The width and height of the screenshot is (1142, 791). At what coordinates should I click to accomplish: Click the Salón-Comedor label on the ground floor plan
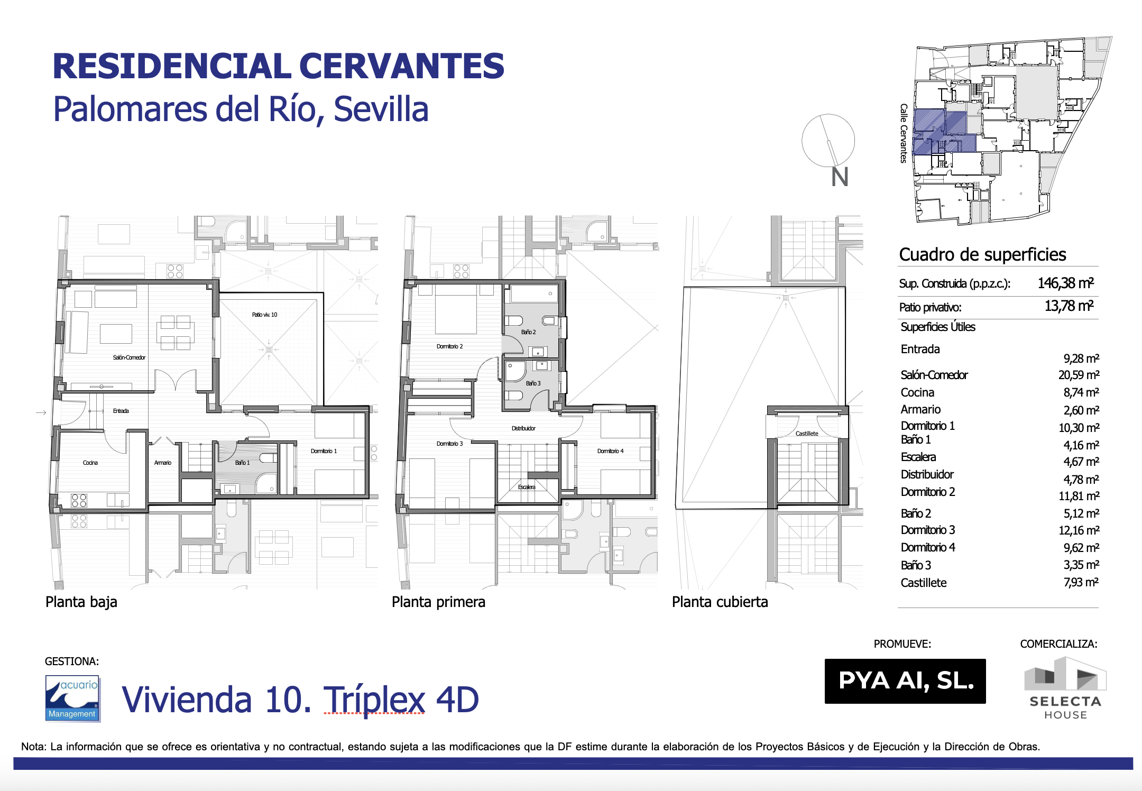pos(129,357)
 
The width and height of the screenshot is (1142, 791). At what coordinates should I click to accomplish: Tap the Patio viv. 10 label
pos(264,315)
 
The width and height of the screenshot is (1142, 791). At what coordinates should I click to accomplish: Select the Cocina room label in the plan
pos(90,463)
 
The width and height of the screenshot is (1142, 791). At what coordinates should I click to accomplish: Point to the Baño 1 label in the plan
pos(242,463)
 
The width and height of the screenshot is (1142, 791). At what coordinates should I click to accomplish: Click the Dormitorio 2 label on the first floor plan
pos(449,346)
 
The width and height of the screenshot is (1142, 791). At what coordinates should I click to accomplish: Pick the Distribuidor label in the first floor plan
pos(523,428)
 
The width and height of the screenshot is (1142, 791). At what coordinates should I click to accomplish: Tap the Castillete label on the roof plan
pos(807,434)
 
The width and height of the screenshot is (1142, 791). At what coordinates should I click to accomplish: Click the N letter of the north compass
pos(840,177)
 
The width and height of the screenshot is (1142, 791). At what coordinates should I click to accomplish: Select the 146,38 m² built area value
pos(1065,283)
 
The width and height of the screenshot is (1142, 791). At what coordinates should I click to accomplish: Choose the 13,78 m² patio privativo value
pos(1069,306)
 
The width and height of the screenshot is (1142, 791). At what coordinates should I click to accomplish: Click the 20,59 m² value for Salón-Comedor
pos(1079,375)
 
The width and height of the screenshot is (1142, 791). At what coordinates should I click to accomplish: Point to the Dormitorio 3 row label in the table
pos(928,530)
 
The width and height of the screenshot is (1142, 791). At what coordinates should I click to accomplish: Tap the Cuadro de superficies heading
pos(982,254)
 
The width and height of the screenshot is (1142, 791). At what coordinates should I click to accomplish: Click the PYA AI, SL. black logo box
pos(905,681)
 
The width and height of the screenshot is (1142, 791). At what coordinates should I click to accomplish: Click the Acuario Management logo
pos(73,698)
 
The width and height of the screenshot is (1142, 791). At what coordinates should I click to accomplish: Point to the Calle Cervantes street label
pos(904,133)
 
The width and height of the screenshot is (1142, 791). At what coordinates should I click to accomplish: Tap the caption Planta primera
pos(438,602)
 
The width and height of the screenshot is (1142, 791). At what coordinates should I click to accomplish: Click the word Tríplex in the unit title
pos(374,700)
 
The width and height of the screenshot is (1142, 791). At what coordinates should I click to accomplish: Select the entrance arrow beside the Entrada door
pos(41,412)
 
